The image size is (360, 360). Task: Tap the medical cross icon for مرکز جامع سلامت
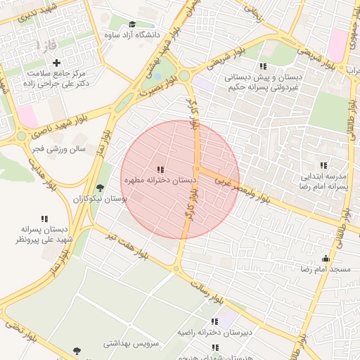pos(57,63)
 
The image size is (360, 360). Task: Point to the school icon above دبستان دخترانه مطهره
pos(160,169)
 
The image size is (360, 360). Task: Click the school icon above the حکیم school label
pos(263,66)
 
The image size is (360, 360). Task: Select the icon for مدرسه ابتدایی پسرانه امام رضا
pos(324,165)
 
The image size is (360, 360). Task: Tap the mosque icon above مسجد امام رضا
pos(326,259)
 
